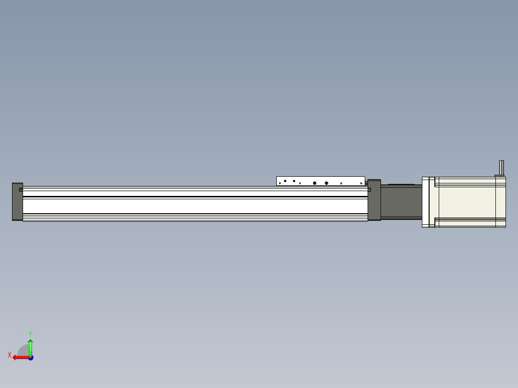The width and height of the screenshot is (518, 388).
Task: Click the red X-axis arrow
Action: pos(19,357)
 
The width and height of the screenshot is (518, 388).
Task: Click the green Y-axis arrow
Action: pos(30,347)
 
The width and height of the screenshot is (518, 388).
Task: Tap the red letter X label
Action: pos(9,355)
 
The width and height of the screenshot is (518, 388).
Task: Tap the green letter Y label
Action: pos(30,333)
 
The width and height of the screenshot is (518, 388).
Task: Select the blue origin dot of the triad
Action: pos(30,358)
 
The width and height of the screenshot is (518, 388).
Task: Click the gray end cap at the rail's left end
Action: pos(17,202)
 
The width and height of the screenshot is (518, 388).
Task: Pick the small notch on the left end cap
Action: pos(21,190)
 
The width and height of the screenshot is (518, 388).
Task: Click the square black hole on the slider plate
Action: pos(294,181)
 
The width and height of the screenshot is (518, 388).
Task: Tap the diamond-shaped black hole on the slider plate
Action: pos(285,181)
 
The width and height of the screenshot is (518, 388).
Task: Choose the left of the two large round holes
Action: pos(315,183)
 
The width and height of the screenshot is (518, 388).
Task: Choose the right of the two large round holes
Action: pos(326,183)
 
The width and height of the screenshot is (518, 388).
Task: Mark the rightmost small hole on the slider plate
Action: pos(361,183)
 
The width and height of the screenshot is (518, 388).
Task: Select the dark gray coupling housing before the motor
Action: pos(401,202)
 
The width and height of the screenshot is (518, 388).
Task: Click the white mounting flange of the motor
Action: pos(425,202)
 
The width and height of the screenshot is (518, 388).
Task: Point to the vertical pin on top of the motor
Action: pos(501,167)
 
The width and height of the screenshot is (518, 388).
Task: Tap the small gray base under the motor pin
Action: pos(500,176)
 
